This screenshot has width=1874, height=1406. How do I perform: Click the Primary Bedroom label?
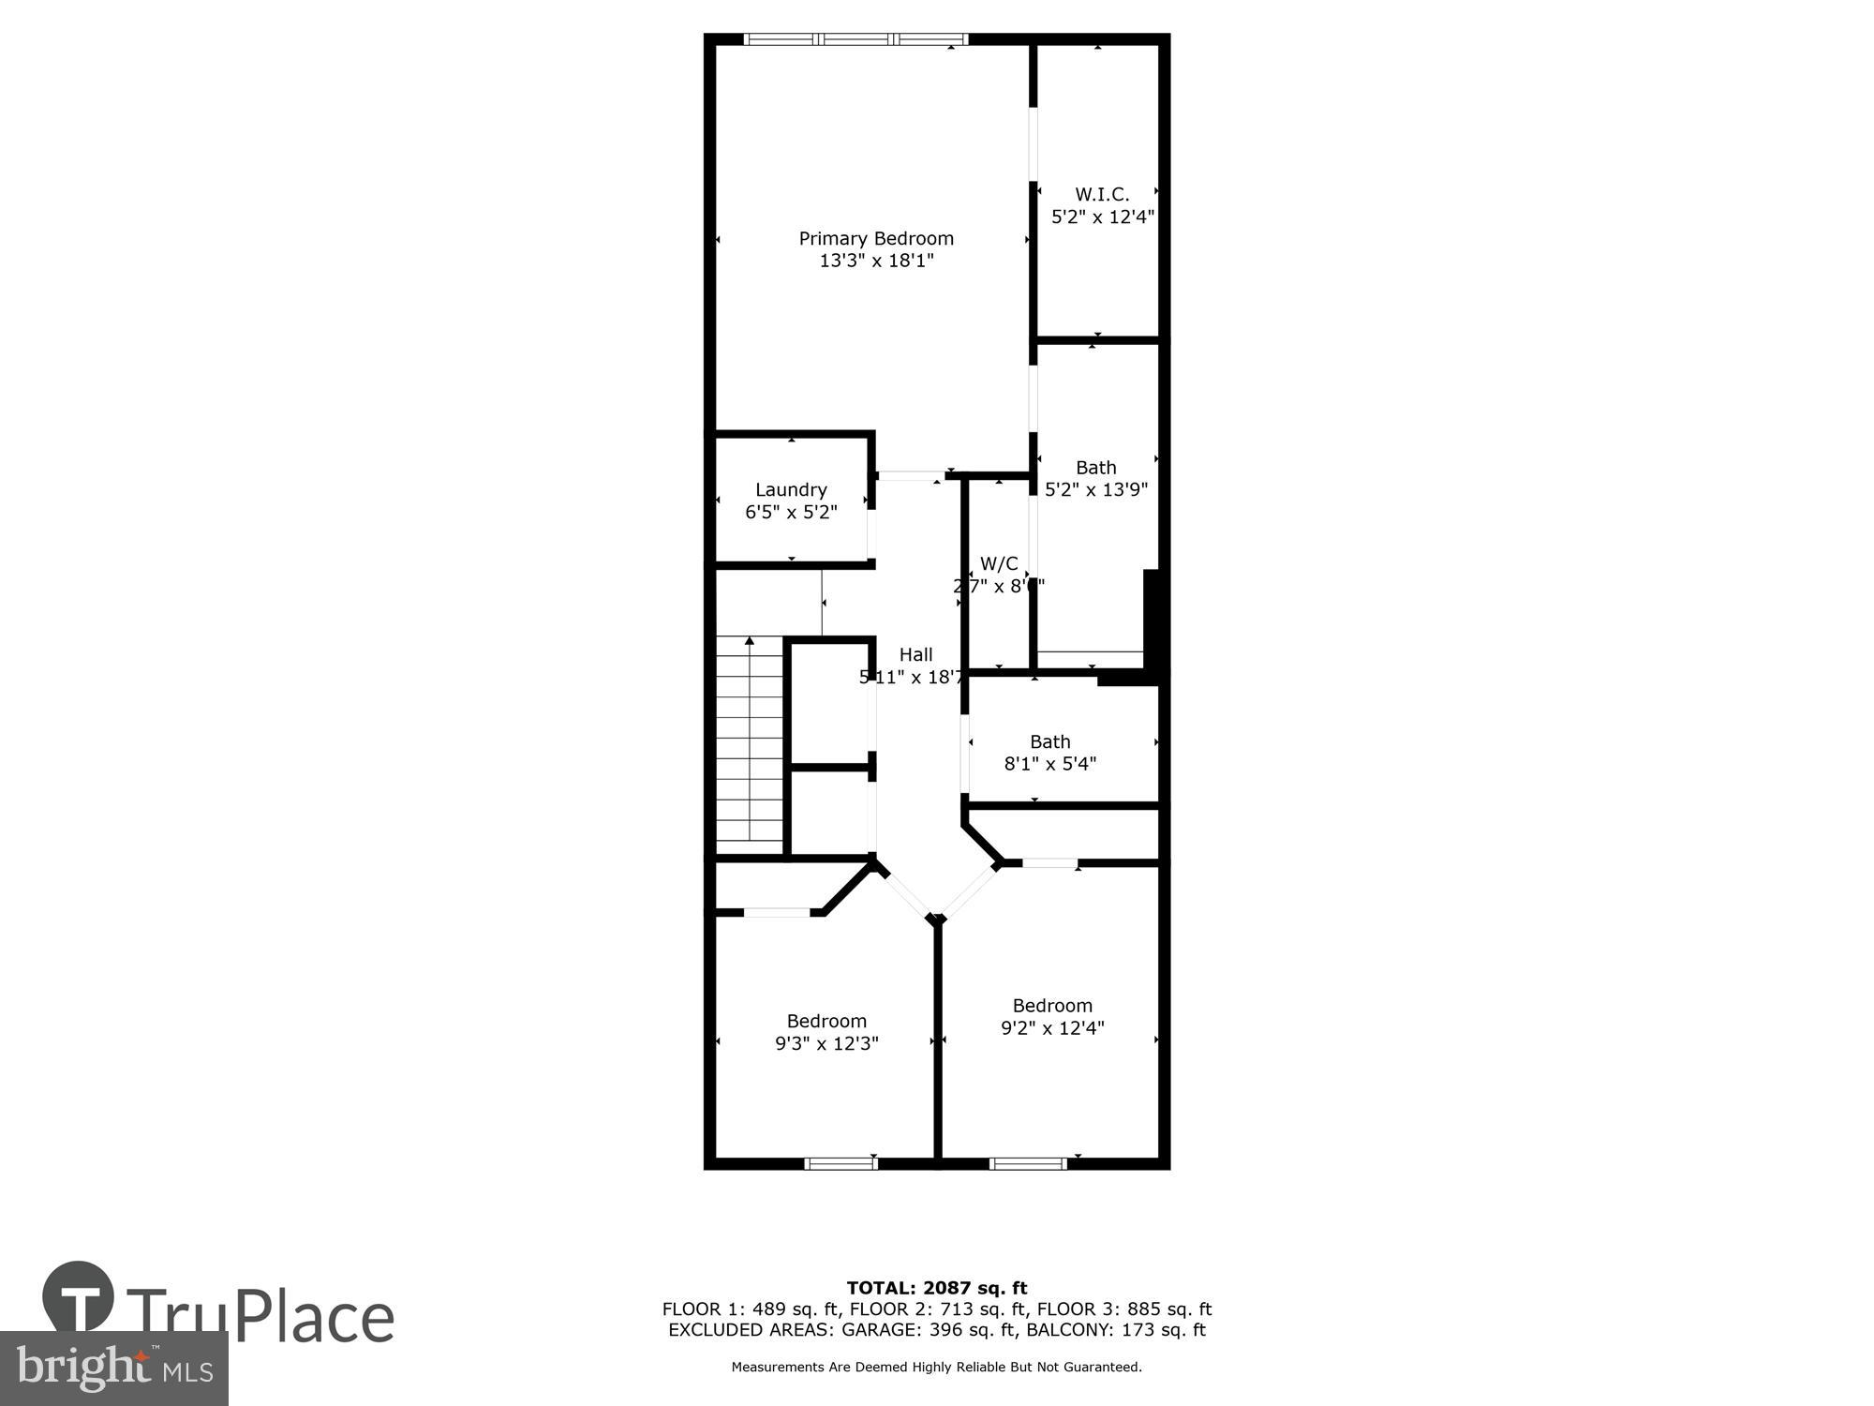pos(876,239)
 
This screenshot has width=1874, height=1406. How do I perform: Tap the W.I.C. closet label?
pos(1102,195)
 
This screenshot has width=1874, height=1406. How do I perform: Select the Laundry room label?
pos(791,490)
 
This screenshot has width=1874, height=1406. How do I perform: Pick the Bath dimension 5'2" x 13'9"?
pos(1096,489)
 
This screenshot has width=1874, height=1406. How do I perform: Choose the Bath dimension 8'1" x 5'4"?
pos(1050,764)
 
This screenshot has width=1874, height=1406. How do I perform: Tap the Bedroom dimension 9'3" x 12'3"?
pos(826,1043)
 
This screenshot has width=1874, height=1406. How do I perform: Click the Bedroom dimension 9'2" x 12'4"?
pos(1052,1028)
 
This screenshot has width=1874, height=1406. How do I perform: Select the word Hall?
pos(915,655)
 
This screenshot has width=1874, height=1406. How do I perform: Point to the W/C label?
pos(998,564)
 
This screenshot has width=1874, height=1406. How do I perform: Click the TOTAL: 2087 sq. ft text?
pos(937,1288)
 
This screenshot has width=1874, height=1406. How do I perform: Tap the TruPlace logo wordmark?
pos(260,1316)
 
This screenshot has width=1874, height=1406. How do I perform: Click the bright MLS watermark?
pos(114,1369)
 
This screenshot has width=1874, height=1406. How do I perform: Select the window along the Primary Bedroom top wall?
pos(855,39)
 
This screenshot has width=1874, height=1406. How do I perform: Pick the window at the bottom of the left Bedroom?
pos(840,1164)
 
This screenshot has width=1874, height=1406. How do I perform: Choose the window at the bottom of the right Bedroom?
pos(1028,1164)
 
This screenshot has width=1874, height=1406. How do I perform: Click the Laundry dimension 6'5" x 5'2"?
pos(791,513)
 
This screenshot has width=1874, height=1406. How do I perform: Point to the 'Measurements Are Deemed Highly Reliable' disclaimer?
pos(937,1368)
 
